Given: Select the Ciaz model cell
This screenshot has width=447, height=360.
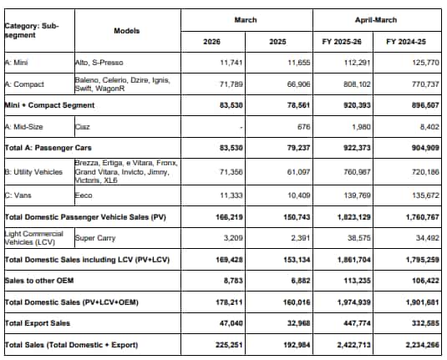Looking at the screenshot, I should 83,127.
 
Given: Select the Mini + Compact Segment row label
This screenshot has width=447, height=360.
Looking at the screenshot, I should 49,105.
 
